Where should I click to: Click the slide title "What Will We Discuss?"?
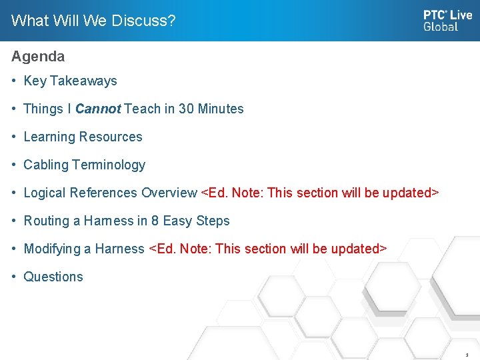[x=93, y=21]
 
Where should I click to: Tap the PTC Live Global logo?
[x=447, y=21]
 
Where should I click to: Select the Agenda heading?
[x=38, y=57]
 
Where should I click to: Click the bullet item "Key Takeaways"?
[x=70, y=81]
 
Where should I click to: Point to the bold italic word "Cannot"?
[x=98, y=109]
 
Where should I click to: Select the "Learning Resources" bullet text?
[x=83, y=137]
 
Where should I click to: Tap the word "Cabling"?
[x=46, y=165]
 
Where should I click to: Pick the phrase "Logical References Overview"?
[x=110, y=193]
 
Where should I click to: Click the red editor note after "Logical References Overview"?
[x=320, y=193]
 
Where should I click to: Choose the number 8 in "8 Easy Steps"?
[x=155, y=221]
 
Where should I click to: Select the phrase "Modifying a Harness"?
[x=84, y=249]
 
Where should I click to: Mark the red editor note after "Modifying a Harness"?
[x=267, y=249]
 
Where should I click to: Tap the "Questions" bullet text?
[x=53, y=277]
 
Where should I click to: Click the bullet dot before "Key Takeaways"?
[x=14, y=81]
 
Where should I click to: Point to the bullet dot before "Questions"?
[x=14, y=277]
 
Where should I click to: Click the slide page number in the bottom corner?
[x=467, y=355]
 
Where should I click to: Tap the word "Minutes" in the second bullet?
[x=223, y=109]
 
